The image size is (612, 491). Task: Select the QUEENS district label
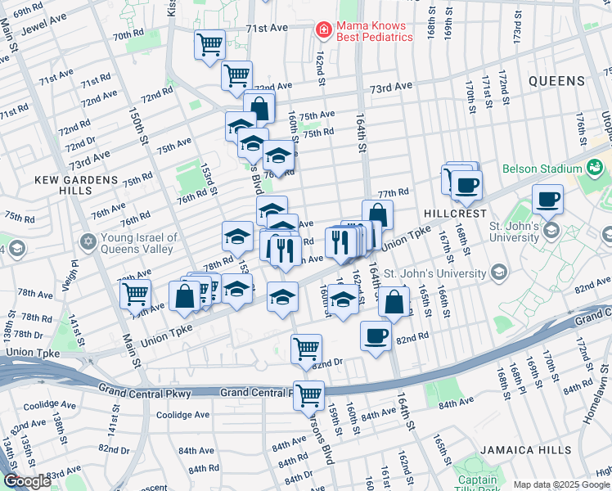556,81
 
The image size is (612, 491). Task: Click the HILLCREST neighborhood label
449,210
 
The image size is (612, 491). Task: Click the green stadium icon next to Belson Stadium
594,169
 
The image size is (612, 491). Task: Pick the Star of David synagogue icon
88,242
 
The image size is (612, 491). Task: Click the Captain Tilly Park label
477,485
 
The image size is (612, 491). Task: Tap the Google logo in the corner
27,482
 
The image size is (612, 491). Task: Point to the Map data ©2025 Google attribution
561,484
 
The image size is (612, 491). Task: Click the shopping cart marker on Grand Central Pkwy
309,395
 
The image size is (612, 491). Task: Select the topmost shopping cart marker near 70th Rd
209,43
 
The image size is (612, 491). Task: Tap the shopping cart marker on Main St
135,293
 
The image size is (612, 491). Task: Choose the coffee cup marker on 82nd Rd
376,335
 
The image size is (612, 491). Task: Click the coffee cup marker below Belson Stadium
547,198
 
